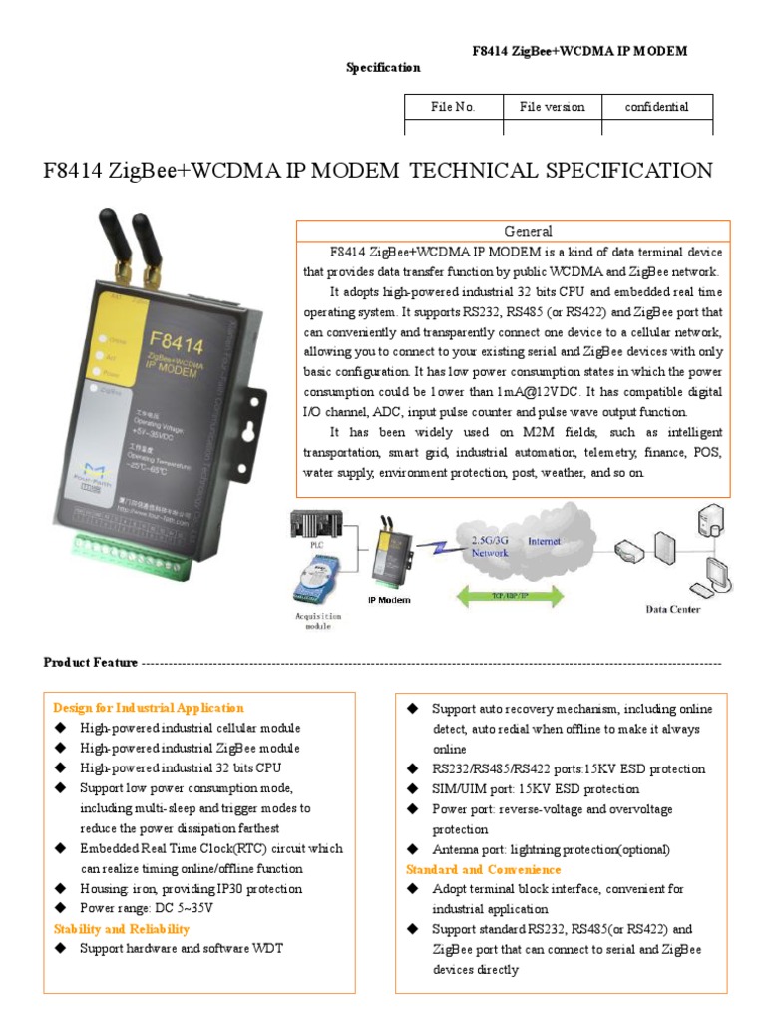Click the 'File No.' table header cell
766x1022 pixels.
click(453, 107)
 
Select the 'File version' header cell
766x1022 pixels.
click(552, 107)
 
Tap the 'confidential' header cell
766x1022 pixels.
click(656, 107)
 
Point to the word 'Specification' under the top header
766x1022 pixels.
click(383, 68)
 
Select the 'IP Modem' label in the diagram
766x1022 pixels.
click(389, 600)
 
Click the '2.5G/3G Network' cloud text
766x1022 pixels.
click(489, 546)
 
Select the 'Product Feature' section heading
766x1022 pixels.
click(91, 663)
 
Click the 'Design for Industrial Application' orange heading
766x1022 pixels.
click(148, 708)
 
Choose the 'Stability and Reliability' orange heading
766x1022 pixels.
click(121, 929)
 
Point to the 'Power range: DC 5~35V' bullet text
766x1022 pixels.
click(147, 909)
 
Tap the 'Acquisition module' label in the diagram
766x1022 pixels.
click(319, 622)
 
